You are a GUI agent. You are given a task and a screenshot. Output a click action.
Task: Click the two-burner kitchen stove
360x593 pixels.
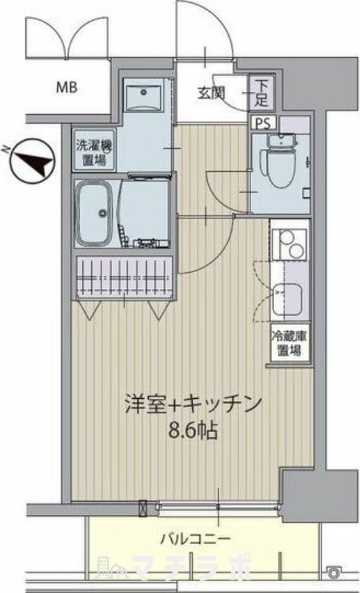point(289,245)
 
